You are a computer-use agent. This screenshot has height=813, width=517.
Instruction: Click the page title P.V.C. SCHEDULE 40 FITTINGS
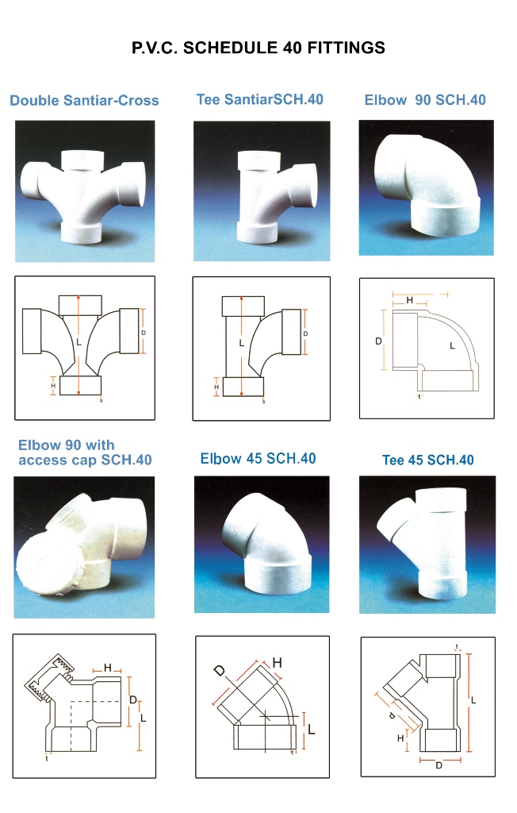[x=258, y=48]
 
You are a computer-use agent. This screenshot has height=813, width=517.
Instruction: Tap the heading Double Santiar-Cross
[x=84, y=100]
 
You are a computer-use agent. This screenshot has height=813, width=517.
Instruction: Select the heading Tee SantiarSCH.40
[x=259, y=99]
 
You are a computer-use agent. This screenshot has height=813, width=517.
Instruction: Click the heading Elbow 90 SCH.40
[x=425, y=99]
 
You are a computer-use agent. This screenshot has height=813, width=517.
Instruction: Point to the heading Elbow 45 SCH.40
[x=258, y=458]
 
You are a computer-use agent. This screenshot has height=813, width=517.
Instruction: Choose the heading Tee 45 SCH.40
[x=428, y=460]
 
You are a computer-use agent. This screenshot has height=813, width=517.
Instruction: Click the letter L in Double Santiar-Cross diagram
[x=79, y=342]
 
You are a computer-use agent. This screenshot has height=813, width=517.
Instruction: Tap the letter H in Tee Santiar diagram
[x=216, y=387]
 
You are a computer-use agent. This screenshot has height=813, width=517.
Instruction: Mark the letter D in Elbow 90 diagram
[x=379, y=341]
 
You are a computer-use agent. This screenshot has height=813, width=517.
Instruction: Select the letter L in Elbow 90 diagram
[x=452, y=345]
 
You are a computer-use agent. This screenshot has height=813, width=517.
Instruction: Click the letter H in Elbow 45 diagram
[x=278, y=662]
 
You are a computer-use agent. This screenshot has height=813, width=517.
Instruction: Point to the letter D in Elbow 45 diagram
[x=220, y=671]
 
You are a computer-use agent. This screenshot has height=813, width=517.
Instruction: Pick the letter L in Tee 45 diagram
[x=473, y=700]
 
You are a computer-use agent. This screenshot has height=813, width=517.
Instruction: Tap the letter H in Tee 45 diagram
[x=400, y=738]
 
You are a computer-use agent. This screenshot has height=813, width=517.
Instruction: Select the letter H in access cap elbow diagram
[x=108, y=667]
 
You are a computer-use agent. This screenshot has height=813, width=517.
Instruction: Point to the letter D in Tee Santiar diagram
[x=305, y=333]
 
